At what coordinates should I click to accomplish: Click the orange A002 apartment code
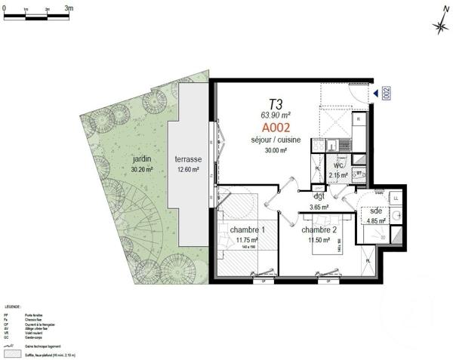[270, 128]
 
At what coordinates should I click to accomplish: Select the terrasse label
[188, 160]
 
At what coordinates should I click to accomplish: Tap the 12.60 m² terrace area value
[188, 170]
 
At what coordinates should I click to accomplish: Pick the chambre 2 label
[319, 229]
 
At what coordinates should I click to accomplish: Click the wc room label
[338, 165]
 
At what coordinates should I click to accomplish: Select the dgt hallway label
[319, 196]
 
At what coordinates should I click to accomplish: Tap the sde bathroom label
[375, 212]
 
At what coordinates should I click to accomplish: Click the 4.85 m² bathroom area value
[375, 221]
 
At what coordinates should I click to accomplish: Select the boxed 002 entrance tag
[385, 94]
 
